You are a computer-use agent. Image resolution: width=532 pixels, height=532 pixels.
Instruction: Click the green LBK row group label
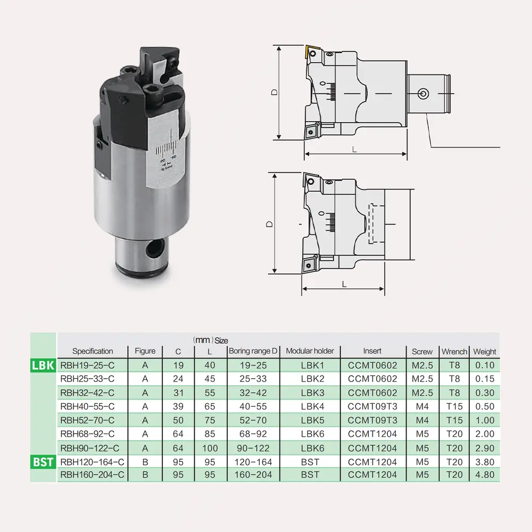(x=43, y=365)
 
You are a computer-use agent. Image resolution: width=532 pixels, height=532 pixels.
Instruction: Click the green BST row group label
(x=43, y=461)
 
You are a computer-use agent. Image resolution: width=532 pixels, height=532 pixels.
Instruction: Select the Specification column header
(x=93, y=351)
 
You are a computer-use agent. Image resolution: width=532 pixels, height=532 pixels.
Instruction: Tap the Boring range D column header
(x=253, y=351)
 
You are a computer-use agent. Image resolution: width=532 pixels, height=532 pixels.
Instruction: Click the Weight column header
(x=484, y=352)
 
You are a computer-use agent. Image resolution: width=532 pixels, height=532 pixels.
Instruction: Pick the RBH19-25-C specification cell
(x=87, y=365)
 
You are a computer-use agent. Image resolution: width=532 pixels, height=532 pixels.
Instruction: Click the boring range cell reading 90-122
(x=253, y=448)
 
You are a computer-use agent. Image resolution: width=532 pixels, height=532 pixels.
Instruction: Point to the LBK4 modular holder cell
(x=310, y=406)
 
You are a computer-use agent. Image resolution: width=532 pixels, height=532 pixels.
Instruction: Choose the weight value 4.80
(x=484, y=475)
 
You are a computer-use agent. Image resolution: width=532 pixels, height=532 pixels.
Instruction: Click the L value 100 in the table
(x=210, y=448)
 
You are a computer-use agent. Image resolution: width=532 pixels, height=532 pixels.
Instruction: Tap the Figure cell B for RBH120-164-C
(x=145, y=461)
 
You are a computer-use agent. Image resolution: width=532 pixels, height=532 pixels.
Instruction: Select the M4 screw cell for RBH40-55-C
(x=422, y=406)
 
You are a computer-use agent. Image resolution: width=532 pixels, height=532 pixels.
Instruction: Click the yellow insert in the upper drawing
(x=309, y=53)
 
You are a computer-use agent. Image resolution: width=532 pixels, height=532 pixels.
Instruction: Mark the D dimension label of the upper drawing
(x=274, y=92)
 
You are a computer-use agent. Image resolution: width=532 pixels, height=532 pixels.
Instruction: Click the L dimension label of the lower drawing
(x=344, y=285)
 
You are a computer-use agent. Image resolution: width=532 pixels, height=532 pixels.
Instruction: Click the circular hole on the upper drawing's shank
(x=422, y=94)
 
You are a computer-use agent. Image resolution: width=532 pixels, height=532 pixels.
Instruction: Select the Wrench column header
(x=454, y=352)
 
